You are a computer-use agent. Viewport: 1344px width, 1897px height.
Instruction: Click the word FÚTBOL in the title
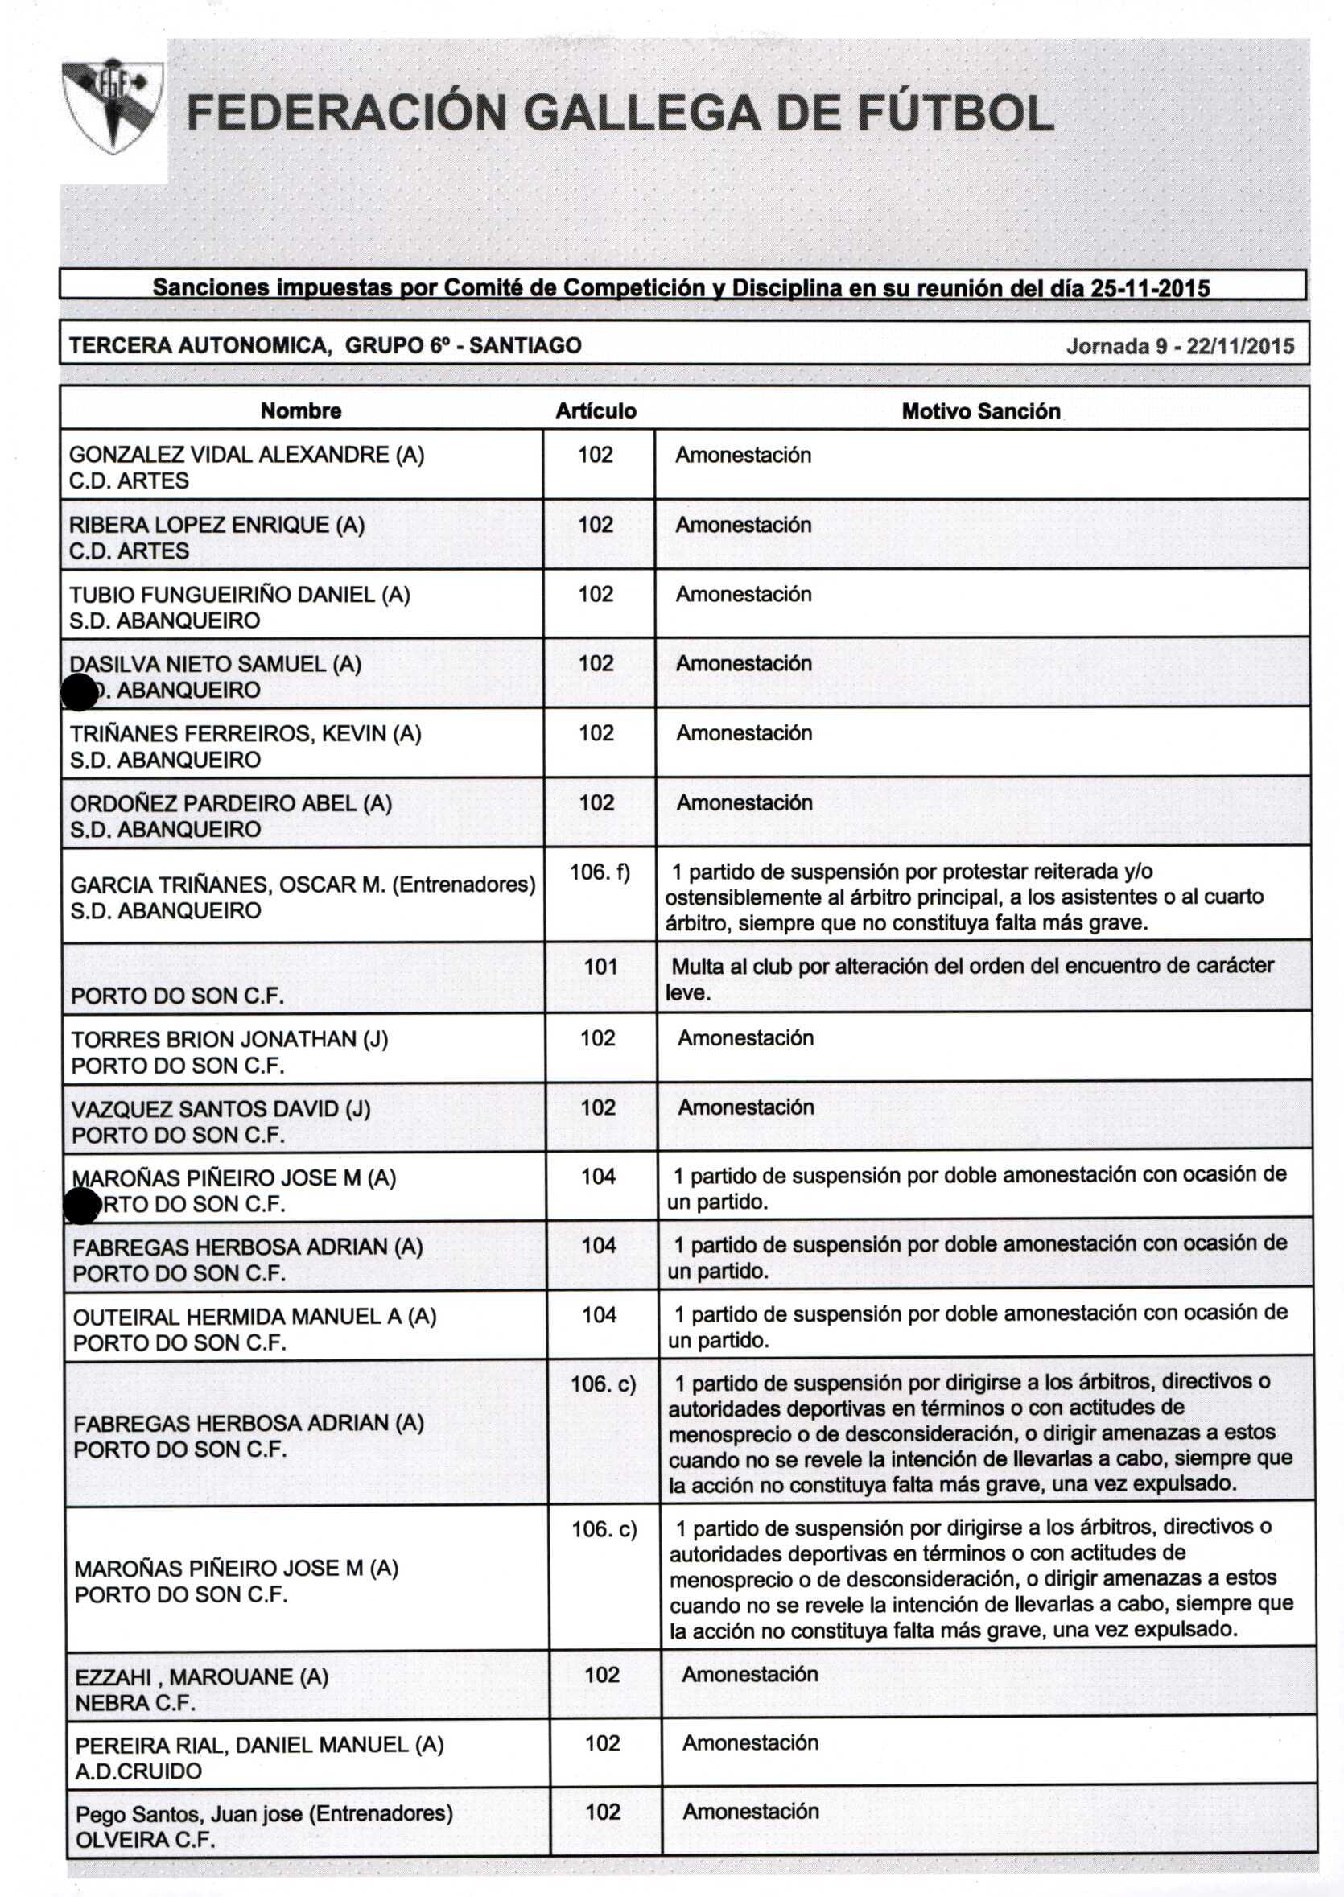pos(955,113)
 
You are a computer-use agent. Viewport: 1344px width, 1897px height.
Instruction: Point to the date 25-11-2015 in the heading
pos(1150,288)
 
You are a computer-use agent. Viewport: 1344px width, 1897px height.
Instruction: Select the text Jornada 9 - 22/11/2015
pos(1180,346)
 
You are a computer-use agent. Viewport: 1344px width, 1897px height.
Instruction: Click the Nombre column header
pos(300,410)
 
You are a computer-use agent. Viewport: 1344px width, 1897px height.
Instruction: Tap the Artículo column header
pos(596,411)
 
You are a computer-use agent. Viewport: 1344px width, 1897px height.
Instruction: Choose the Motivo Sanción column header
pos(981,411)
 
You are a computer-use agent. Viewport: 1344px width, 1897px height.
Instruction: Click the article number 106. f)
pos(600,872)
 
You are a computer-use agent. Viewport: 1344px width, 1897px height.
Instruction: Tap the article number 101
pos(601,966)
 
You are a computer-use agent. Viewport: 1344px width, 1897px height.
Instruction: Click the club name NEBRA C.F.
pos(135,1703)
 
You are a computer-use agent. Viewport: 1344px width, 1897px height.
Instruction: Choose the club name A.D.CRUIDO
pos(138,1771)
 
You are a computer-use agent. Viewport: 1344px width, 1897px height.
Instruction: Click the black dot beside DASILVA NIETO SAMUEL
pos(80,692)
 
